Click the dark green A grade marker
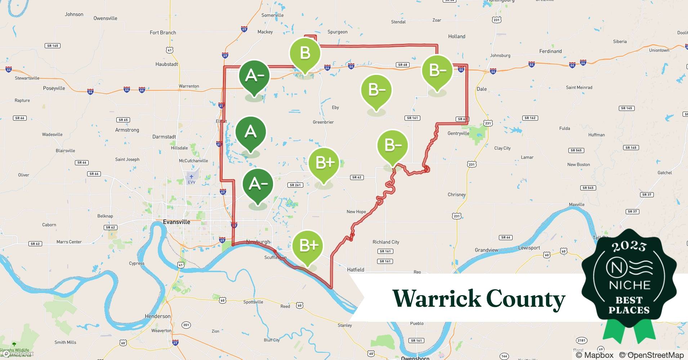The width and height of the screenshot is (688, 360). coord(251,132)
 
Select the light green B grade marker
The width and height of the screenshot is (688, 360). coord(305,53)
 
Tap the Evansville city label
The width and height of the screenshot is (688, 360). coord(177,222)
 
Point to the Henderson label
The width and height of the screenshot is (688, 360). coord(157,316)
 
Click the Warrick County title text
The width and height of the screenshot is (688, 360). coord(479,298)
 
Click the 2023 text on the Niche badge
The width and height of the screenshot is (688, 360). coord(629,246)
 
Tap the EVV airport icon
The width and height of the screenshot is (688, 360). coord(192,176)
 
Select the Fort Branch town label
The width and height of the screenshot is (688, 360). coord(163,32)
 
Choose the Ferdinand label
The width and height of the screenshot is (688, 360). coord(550,51)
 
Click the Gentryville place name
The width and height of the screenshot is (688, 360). coord(458,133)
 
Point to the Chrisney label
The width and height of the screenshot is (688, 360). coord(457,194)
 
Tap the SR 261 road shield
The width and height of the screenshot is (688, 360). coord(295,185)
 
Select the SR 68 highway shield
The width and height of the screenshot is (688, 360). coord(403,65)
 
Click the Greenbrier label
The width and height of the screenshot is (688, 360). coord(323,122)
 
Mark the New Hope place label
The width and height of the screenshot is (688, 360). coord(356,212)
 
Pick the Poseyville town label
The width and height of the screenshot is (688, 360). coord(54,88)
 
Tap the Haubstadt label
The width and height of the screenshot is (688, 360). coord(167,64)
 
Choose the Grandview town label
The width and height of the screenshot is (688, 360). coord(486,250)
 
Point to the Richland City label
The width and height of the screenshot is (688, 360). coord(386,242)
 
